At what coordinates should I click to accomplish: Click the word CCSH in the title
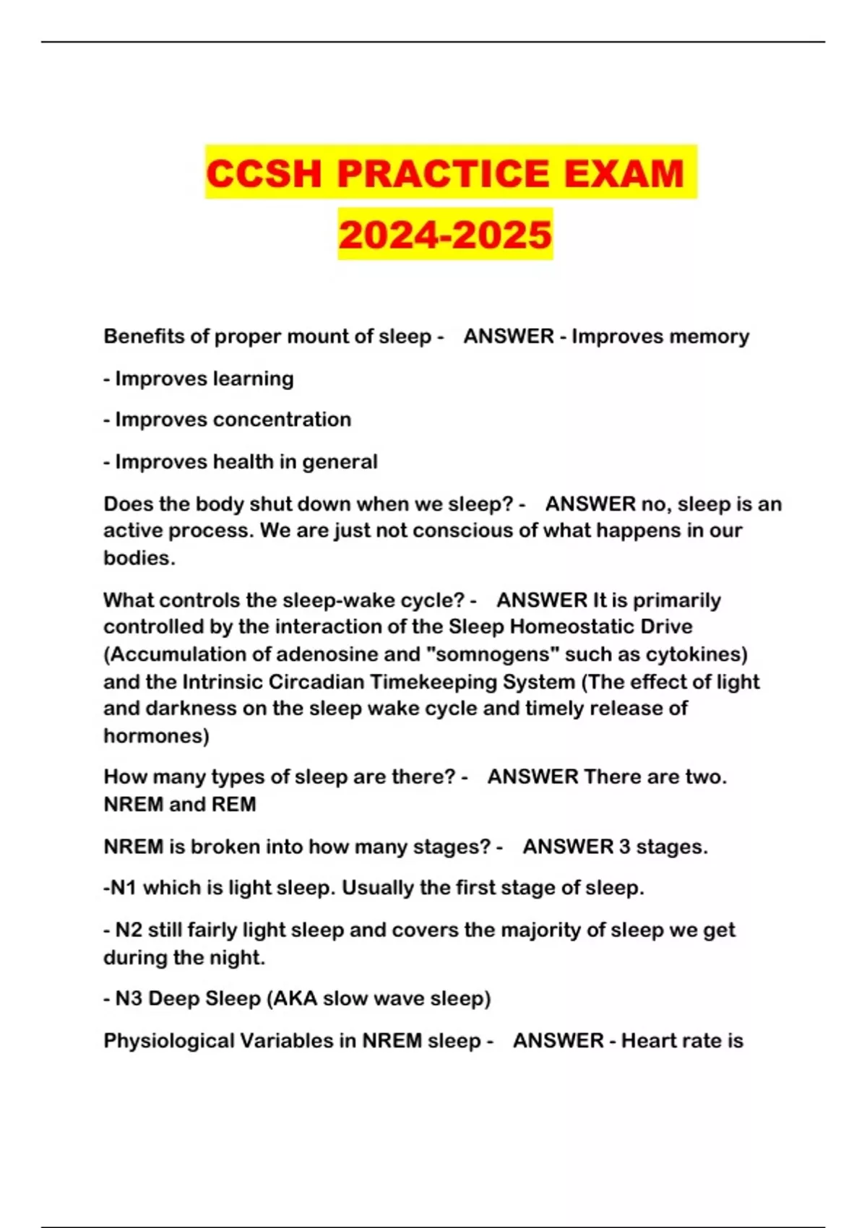pos(264,173)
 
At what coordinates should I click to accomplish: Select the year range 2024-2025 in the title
pos(445,235)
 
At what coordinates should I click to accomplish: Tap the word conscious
pos(453,531)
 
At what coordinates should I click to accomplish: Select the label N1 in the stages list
pos(123,888)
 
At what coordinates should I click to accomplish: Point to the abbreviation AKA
pos(295,999)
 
